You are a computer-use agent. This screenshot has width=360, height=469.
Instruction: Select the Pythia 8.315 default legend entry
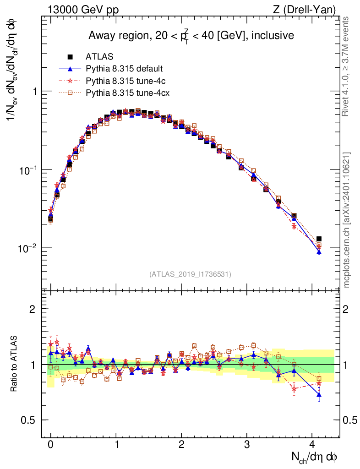coord(124,69)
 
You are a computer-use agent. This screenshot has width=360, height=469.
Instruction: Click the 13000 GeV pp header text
coord(82,10)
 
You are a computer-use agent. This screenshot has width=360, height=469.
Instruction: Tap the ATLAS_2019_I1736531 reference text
coord(190,274)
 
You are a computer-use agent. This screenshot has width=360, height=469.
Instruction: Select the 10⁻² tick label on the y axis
coord(28,248)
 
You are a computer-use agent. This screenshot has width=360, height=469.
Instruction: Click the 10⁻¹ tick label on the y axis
coord(28,170)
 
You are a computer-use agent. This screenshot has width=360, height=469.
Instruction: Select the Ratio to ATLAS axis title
coord(15,364)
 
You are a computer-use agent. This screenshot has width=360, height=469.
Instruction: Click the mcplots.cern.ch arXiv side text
coord(347,220)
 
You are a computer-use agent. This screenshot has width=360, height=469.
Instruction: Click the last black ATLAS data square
coord(319,239)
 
